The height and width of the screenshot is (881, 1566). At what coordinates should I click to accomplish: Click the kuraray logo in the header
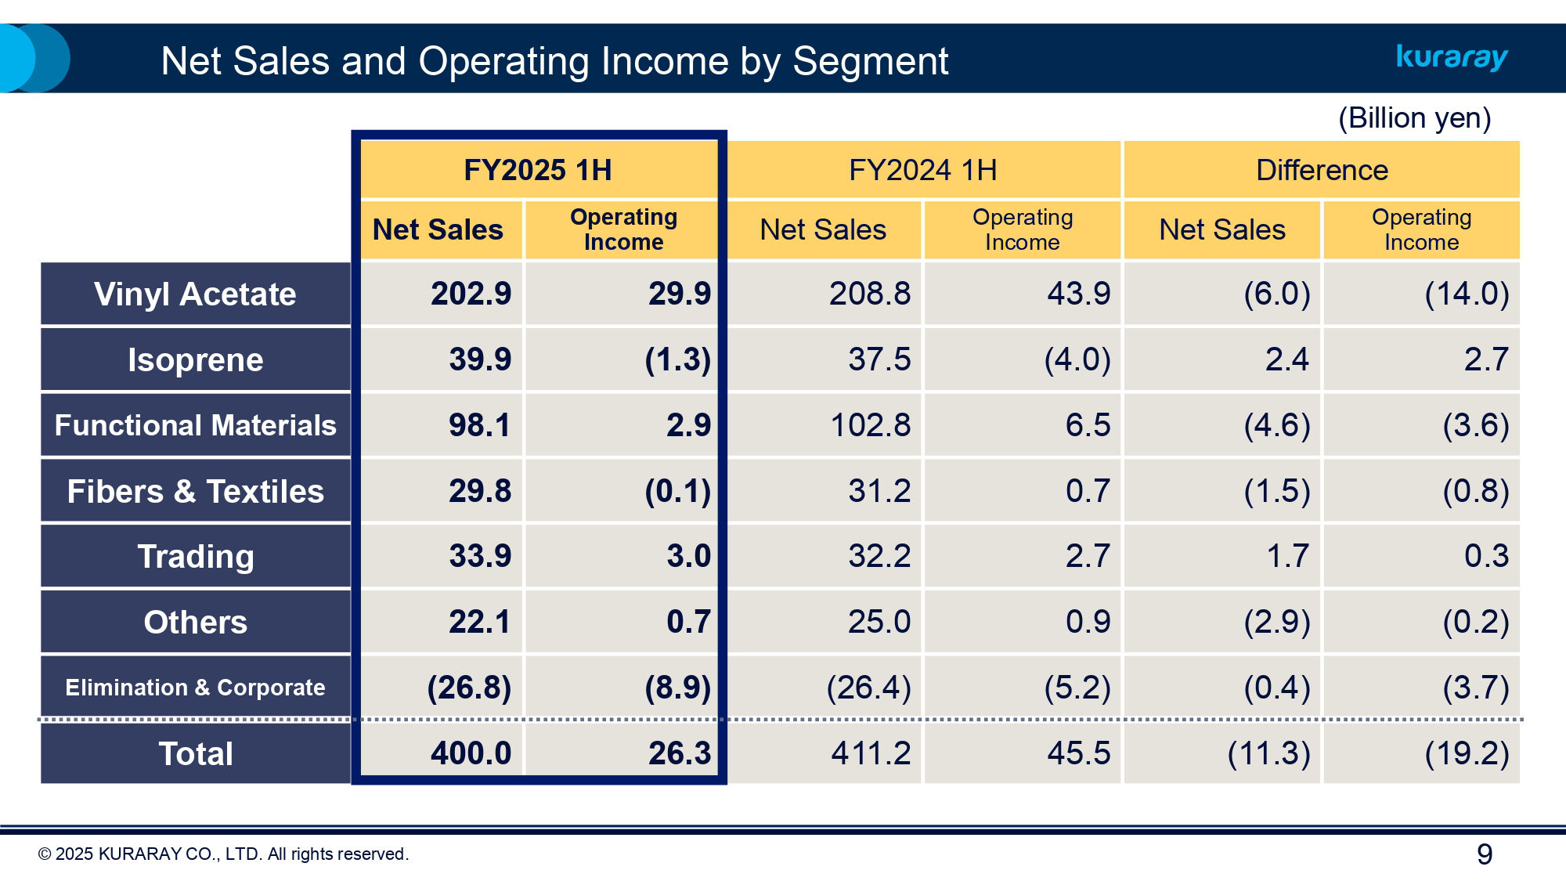click(x=1452, y=57)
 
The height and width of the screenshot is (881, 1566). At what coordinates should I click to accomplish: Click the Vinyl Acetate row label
click(x=195, y=294)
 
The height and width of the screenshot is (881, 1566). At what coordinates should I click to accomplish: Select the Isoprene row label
click(x=195, y=360)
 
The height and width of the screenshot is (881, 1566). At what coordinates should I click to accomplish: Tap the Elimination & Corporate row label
click(x=195, y=688)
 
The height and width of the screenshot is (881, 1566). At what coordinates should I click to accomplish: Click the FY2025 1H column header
click(x=538, y=170)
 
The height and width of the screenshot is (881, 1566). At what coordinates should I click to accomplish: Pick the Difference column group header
click(x=1322, y=170)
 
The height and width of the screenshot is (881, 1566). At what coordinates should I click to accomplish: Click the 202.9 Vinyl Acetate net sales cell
click(x=471, y=294)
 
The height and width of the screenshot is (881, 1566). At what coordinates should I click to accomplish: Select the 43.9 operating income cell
click(x=1078, y=294)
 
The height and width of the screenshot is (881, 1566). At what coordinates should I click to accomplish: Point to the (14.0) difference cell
click(x=1466, y=294)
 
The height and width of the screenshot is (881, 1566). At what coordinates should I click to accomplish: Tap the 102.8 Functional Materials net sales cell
click(x=870, y=425)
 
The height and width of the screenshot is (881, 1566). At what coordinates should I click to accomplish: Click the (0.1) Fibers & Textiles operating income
click(x=677, y=491)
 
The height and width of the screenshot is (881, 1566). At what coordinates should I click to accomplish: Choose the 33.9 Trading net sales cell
click(x=479, y=556)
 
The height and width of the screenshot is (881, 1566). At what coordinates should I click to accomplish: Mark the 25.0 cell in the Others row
click(x=879, y=622)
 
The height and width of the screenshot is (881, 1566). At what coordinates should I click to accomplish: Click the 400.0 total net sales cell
click(x=471, y=753)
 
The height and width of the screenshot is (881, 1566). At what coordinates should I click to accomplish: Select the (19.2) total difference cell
click(x=1466, y=753)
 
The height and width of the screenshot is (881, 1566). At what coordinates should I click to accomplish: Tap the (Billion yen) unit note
click(x=1414, y=118)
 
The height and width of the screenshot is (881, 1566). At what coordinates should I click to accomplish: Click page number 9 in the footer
click(x=1484, y=854)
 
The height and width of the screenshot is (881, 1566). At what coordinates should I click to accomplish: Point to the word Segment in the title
click(x=870, y=61)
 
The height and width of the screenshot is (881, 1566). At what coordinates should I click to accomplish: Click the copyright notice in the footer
click(x=223, y=854)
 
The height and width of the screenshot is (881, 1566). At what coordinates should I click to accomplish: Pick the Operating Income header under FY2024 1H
click(x=1022, y=229)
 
